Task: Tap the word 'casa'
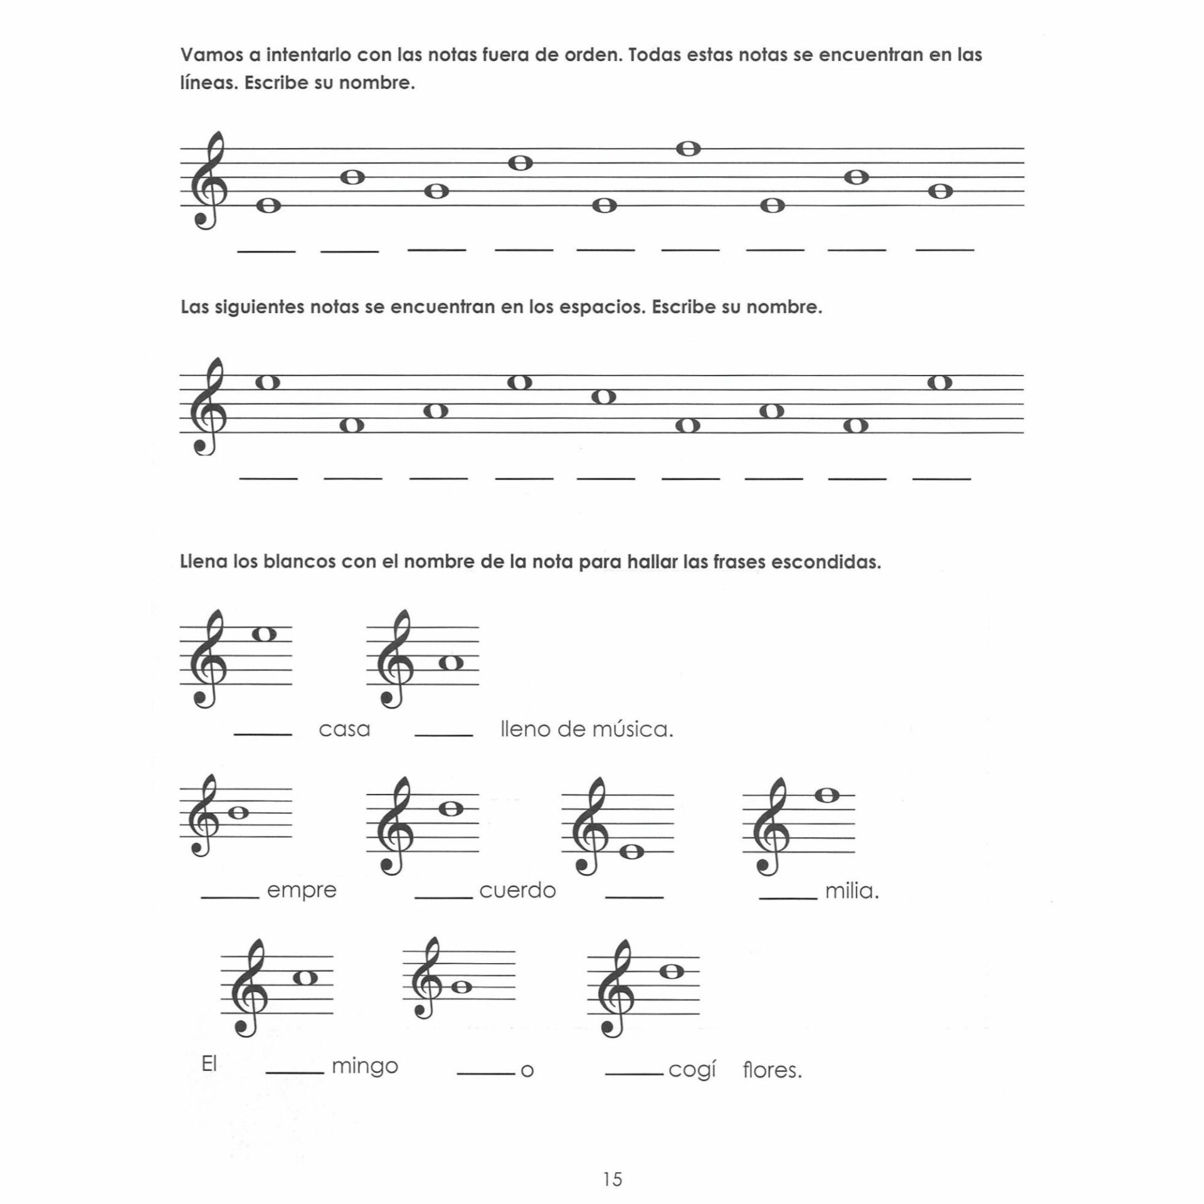pos(344,729)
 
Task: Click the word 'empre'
pos(302,891)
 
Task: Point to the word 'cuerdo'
pos(517,891)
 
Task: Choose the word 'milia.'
pos(852,891)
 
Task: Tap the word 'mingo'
pos(365,1066)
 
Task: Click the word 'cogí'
pos(692,1070)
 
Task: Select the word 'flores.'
pos(772,1070)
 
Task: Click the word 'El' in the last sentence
pos(209,1065)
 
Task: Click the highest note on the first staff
pos(689,149)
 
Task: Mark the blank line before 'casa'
pos(263,734)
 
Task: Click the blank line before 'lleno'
pos(444,734)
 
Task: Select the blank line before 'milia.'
pos(788,898)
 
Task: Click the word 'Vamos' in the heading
pos(211,55)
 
